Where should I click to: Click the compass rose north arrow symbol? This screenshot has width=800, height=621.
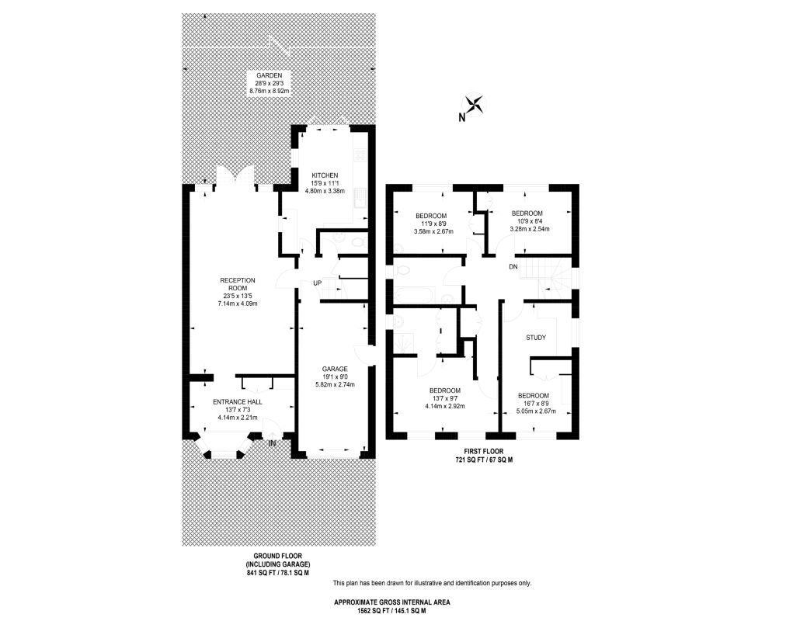click(x=474, y=105)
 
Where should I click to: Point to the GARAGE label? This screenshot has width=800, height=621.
click(x=336, y=369)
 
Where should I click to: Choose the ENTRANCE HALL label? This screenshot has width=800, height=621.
click(x=238, y=402)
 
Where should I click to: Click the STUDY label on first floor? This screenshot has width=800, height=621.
click(x=536, y=338)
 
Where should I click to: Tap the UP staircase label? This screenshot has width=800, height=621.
click(x=317, y=283)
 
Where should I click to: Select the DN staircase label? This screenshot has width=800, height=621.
click(x=513, y=267)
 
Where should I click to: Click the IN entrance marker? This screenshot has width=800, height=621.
click(x=273, y=443)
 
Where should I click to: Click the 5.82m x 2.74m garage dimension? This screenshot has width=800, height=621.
click(x=336, y=385)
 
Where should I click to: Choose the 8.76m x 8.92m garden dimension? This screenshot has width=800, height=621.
click(x=269, y=92)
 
